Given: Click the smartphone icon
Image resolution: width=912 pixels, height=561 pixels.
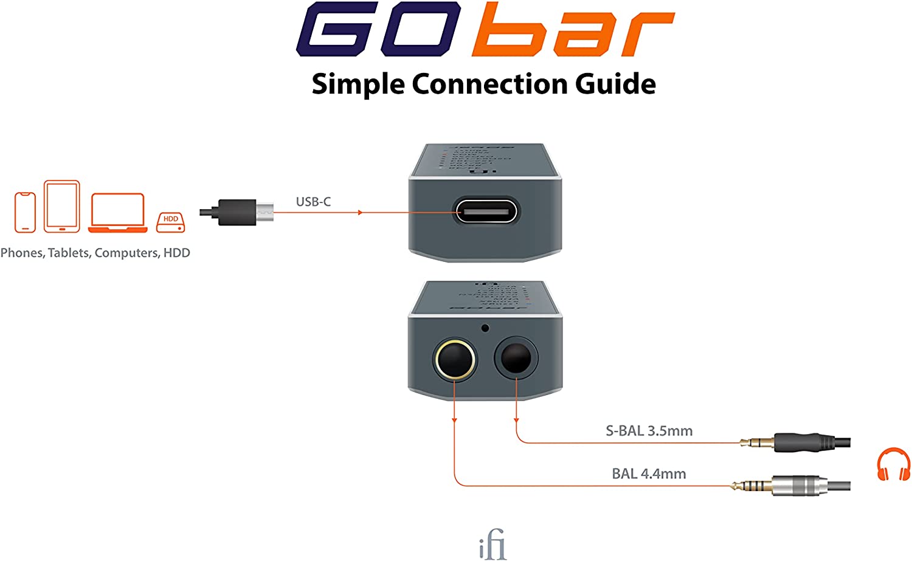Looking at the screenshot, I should point(25,212).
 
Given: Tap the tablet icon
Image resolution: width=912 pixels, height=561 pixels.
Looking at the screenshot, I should point(61,207).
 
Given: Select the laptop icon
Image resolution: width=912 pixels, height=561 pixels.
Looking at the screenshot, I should point(118,213).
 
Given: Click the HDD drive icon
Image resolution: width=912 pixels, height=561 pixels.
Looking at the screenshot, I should point(171,222).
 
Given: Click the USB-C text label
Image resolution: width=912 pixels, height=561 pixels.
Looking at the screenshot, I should point(313,202).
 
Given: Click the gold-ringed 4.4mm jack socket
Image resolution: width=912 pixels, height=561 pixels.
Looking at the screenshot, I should point(454,360).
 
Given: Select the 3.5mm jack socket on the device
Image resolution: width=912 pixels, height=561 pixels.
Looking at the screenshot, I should point(516,359).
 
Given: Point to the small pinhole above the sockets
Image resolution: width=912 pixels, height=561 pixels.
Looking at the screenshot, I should point(485,328).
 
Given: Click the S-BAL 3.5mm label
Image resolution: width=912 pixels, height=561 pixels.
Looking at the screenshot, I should point(649,431).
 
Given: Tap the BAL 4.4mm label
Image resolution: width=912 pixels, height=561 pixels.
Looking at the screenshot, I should point(649,473).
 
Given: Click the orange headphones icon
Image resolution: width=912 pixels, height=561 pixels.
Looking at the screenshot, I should point(893,464).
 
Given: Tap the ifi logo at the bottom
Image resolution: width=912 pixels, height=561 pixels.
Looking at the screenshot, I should point(492,545).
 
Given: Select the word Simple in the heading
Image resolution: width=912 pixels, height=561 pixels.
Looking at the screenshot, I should point(358,84).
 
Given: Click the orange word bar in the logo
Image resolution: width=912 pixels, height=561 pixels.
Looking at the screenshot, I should point(572,30).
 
